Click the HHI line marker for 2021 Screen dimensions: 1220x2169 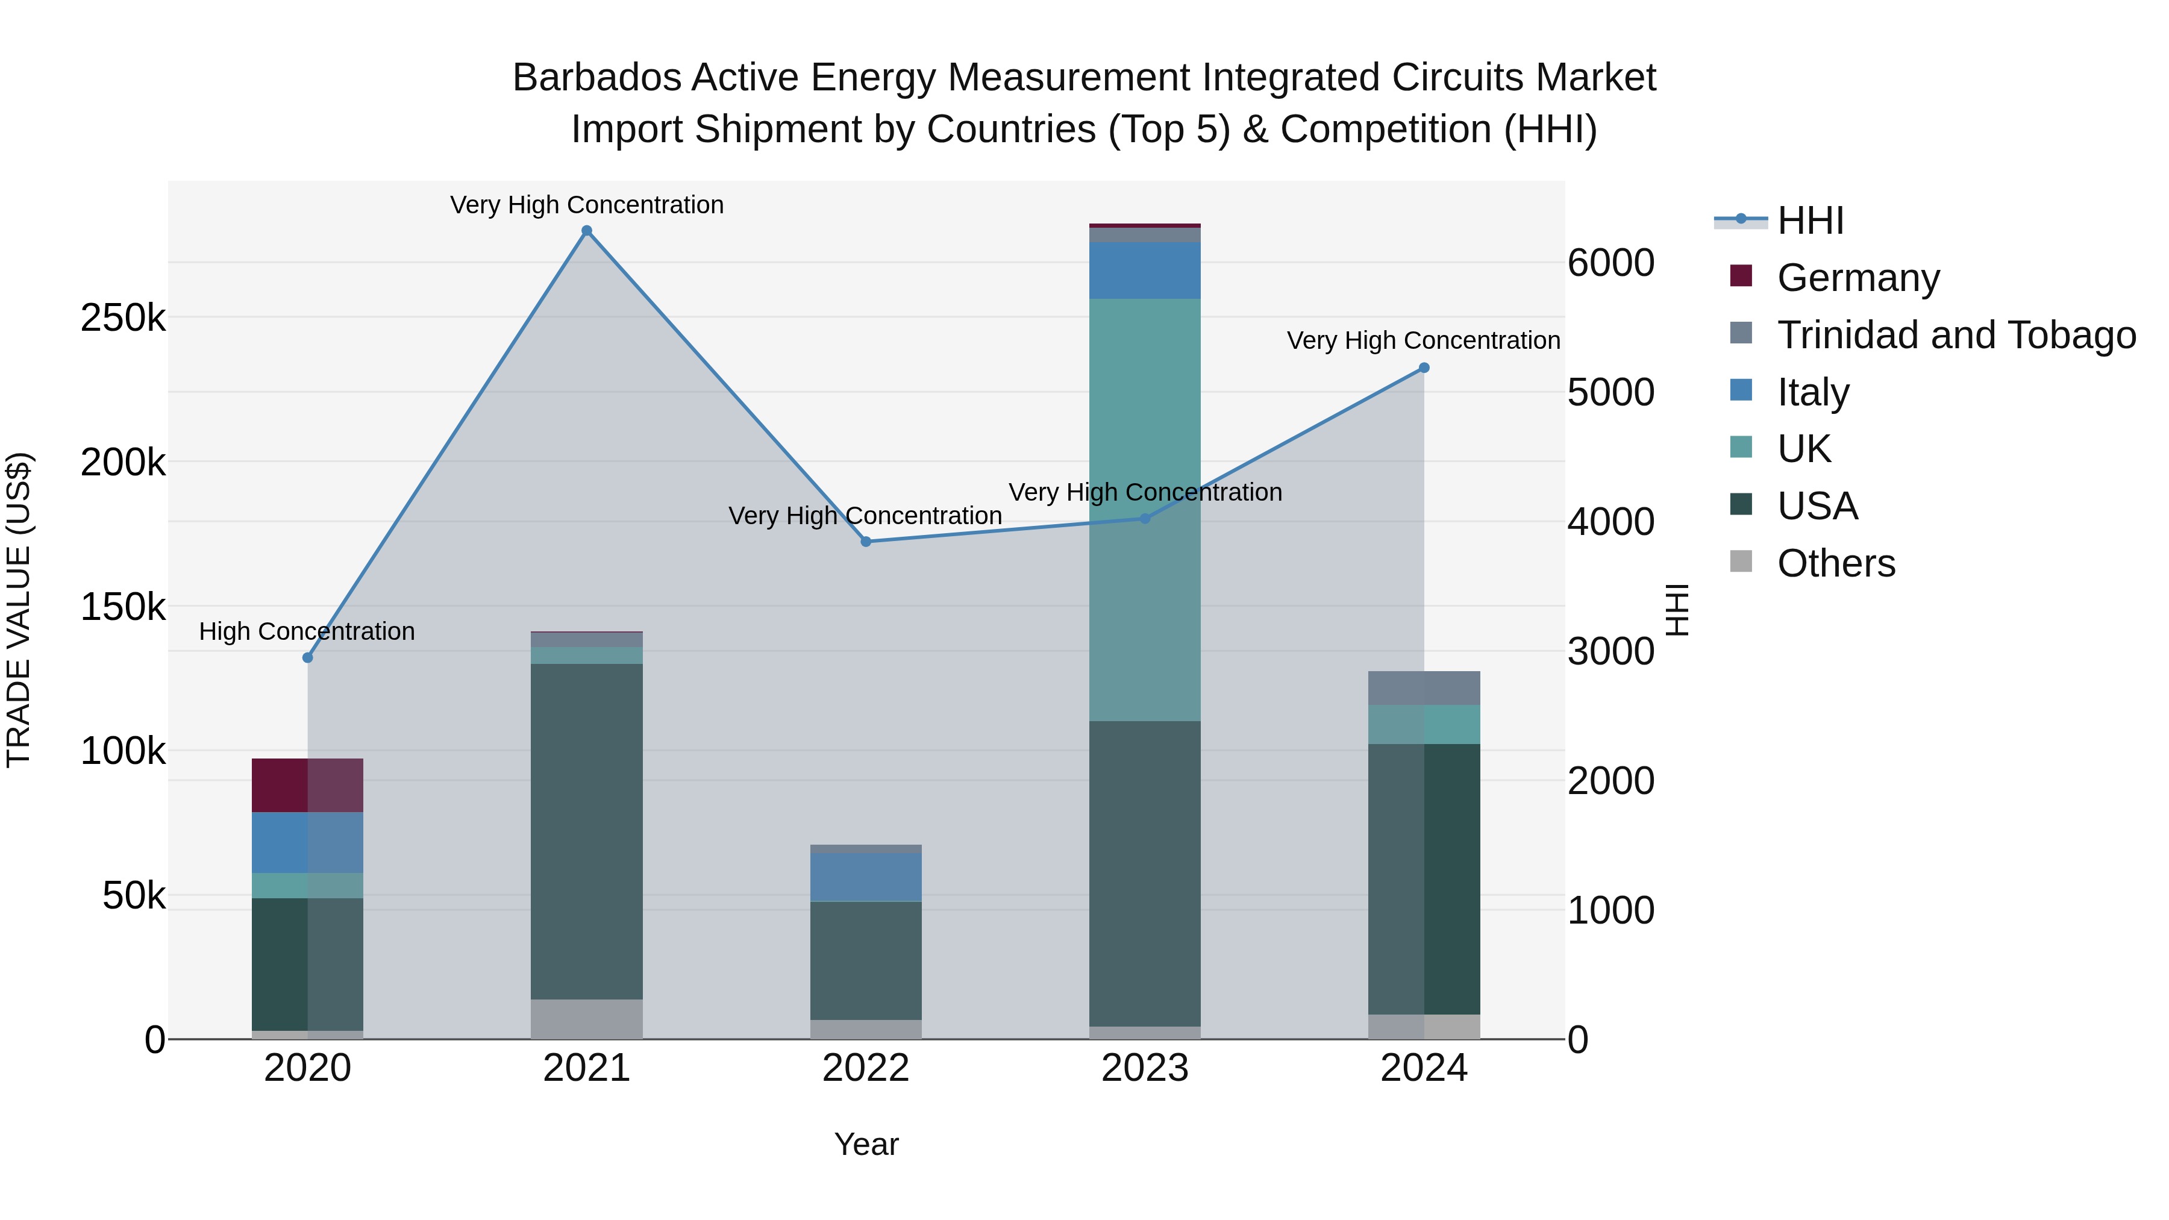587,231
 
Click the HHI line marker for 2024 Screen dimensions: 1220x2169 1424,368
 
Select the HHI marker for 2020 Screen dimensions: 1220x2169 307,657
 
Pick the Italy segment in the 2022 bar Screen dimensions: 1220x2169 866,877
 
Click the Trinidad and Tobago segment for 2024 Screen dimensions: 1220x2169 1424,688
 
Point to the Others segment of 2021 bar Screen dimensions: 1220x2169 587,1019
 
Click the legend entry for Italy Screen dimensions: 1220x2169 1813,392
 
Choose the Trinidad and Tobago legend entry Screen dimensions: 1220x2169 1956,334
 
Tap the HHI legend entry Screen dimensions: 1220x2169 1811,221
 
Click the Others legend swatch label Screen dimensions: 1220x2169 1836,563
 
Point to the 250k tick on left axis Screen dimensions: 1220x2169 123,318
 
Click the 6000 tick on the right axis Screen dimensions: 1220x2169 1610,263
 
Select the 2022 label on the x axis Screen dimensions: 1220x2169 866,1068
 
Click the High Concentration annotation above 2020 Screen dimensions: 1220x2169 307,631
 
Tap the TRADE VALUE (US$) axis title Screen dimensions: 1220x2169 19,610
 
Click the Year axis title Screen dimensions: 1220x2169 866,1144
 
